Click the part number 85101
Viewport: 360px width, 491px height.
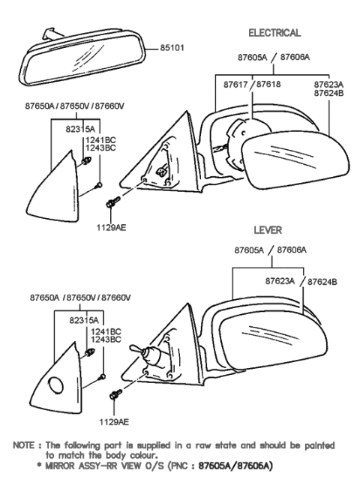pos(172,49)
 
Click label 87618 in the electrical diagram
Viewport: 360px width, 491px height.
pos(269,85)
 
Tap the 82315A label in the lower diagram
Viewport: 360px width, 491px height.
pos(80,318)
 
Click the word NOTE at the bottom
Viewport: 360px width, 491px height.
pos(25,445)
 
